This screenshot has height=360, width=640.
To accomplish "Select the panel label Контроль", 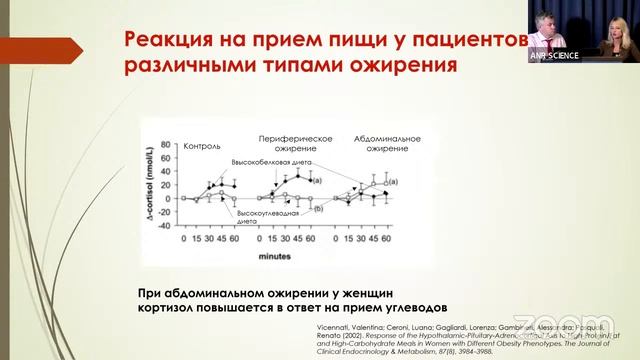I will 202,145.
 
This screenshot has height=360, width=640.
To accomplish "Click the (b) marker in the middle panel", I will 317,209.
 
